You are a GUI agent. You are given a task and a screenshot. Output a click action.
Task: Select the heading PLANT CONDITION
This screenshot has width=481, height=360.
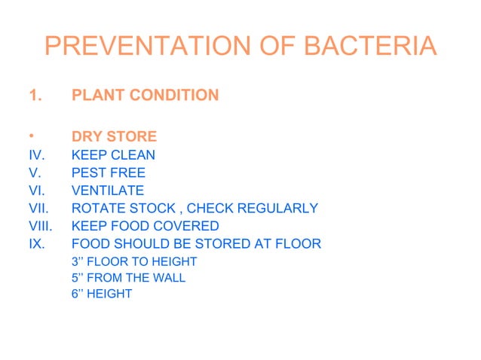145,96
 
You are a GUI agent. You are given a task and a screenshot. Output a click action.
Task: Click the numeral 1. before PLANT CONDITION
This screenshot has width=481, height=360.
34,96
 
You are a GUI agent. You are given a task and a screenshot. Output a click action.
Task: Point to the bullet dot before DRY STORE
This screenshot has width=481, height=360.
30,137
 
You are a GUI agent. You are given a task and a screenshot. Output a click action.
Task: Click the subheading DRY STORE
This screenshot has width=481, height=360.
114,137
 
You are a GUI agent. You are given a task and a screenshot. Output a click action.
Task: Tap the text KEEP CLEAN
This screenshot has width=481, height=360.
113,155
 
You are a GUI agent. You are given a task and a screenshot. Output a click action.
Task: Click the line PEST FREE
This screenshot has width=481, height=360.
109,173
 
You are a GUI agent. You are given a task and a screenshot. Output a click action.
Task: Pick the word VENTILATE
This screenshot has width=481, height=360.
108,191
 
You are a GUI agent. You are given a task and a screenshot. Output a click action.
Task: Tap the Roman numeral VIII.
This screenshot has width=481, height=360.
38,226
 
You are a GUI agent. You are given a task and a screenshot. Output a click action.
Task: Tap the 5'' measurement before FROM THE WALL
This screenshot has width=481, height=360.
78,278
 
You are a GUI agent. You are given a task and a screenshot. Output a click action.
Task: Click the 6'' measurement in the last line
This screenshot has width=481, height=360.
78,294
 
